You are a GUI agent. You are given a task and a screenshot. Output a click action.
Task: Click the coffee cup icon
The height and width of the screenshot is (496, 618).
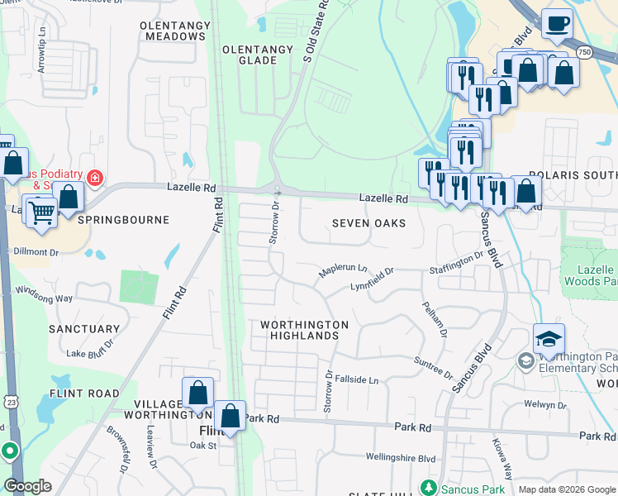point(557,22)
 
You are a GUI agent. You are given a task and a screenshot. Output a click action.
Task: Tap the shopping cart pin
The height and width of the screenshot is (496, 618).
point(40,212)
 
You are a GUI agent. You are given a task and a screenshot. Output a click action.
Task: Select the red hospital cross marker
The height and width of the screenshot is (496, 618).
point(95,178)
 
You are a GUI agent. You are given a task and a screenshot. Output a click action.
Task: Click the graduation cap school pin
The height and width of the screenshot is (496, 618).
point(549,338)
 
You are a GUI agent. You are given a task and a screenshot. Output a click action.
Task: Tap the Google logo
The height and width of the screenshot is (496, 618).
point(27,486)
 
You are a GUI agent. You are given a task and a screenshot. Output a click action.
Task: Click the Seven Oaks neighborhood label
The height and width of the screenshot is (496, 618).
point(368,224)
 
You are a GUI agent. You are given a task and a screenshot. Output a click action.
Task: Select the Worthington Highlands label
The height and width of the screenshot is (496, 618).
point(304,330)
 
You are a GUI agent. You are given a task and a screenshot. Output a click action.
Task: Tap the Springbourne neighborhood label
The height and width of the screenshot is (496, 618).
point(123,221)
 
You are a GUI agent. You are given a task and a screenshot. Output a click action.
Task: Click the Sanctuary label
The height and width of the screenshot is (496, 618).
point(84,329)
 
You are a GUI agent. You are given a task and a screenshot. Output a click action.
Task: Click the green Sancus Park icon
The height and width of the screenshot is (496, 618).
point(427,487)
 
